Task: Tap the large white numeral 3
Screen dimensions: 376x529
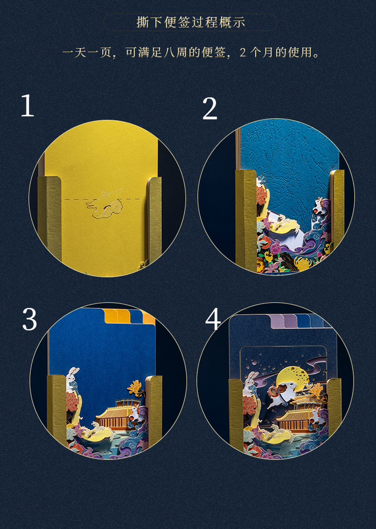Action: [29, 319]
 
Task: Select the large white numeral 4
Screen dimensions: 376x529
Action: [213, 319]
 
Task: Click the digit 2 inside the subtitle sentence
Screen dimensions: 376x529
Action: [243, 53]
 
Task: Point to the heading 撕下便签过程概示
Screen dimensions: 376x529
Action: [191, 22]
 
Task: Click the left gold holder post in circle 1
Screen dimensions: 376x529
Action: [50, 219]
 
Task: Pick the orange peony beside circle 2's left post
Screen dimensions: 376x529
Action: [261, 195]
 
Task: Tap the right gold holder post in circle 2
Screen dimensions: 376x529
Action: [337, 206]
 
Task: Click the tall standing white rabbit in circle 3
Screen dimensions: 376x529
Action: [73, 379]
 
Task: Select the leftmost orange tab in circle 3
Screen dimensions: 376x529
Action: [110, 316]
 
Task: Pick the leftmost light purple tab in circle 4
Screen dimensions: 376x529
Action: [276, 321]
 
